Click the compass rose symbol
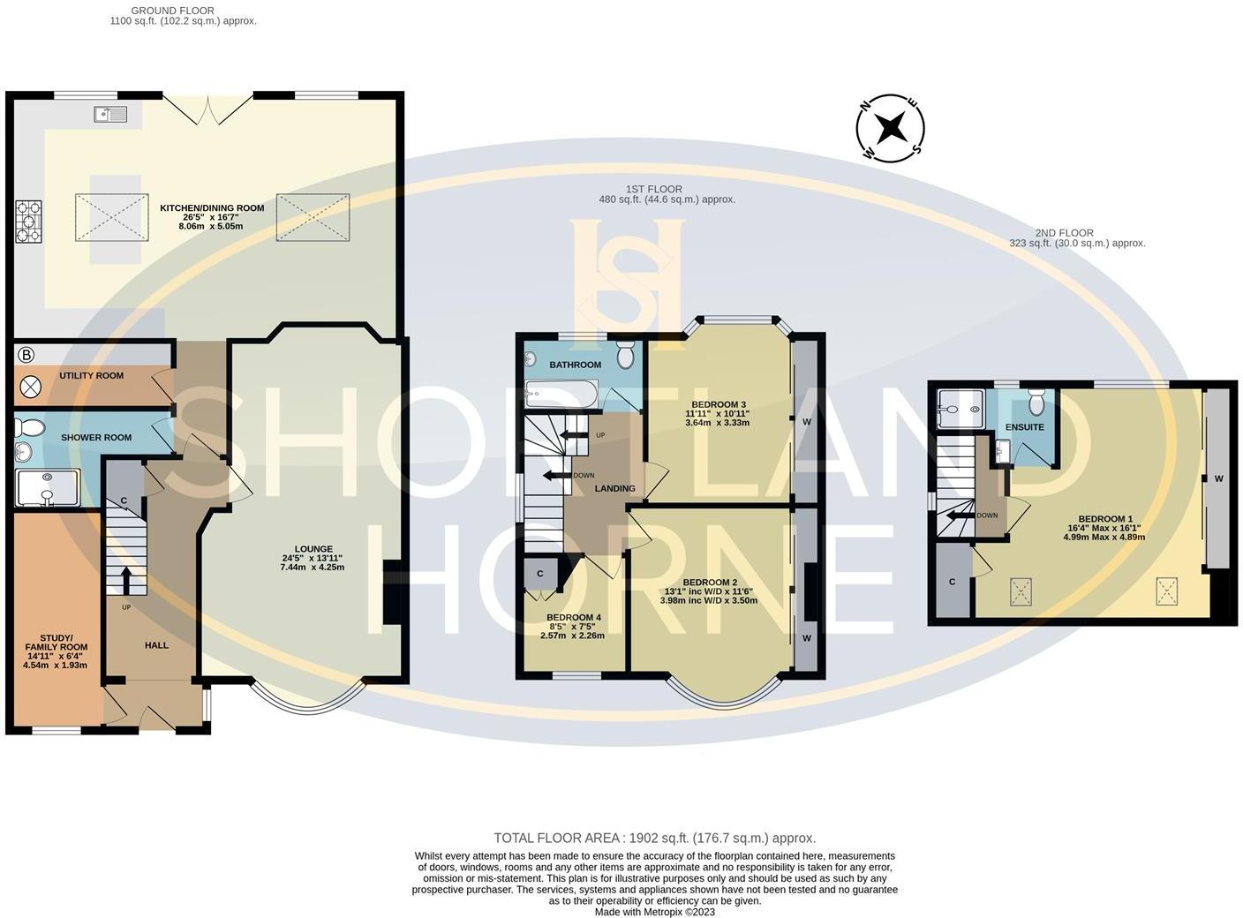(x=891, y=128)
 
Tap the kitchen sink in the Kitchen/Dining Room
(x=110, y=114)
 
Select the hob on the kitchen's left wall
(x=27, y=222)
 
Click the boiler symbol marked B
(x=26, y=355)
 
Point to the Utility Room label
(x=91, y=376)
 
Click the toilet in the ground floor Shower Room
(x=31, y=428)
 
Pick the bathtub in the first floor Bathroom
(x=561, y=394)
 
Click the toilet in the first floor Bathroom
(x=626, y=357)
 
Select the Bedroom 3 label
(x=717, y=405)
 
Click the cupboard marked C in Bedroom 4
(x=540, y=574)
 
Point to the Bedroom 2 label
(x=709, y=583)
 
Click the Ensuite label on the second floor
(x=1024, y=427)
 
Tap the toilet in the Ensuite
(x=1036, y=403)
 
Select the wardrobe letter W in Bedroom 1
(x=1218, y=478)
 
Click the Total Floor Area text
(x=654, y=838)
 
